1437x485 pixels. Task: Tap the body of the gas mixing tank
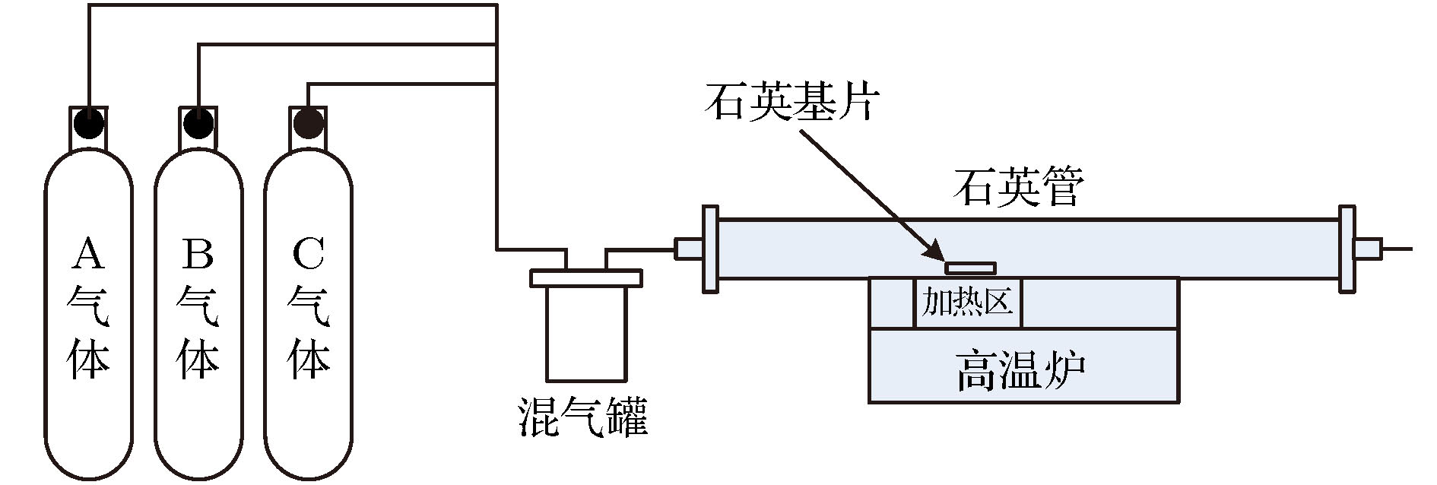click(586, 333)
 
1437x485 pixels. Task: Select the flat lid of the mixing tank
click(585, 278)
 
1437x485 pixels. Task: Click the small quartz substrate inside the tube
click(970, 268)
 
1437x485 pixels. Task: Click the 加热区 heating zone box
click(968, 303)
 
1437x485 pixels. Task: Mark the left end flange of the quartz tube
click(710, 249)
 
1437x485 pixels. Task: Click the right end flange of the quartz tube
click(1347, 249)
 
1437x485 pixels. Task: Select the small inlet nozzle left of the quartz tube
click(689, 249)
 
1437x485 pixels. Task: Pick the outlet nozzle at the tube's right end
click(1369, 249)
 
